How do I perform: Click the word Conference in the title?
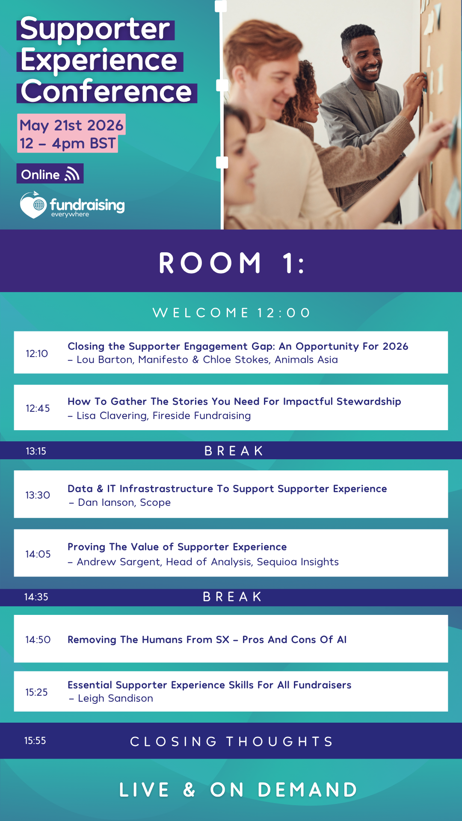point(107,92)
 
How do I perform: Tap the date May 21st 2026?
point(71,125)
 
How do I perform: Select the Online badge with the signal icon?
point(50,174)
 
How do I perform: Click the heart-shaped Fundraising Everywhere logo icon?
point(33,205)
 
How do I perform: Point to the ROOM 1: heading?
point(232,263)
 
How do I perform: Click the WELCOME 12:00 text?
point(231,313)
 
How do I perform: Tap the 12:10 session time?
point(37,354)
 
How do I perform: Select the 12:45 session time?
point(38,408)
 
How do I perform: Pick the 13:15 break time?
point(36,451)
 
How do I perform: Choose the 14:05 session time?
point(38,554)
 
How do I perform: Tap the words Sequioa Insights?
point(298,562)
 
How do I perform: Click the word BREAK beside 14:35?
point(232,597)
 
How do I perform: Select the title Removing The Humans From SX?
point(148,640)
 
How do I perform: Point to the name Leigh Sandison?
point(115,698)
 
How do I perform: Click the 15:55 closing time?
point(35,741)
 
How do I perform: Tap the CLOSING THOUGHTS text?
point(231,741)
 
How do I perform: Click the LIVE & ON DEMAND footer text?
point(238,790)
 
